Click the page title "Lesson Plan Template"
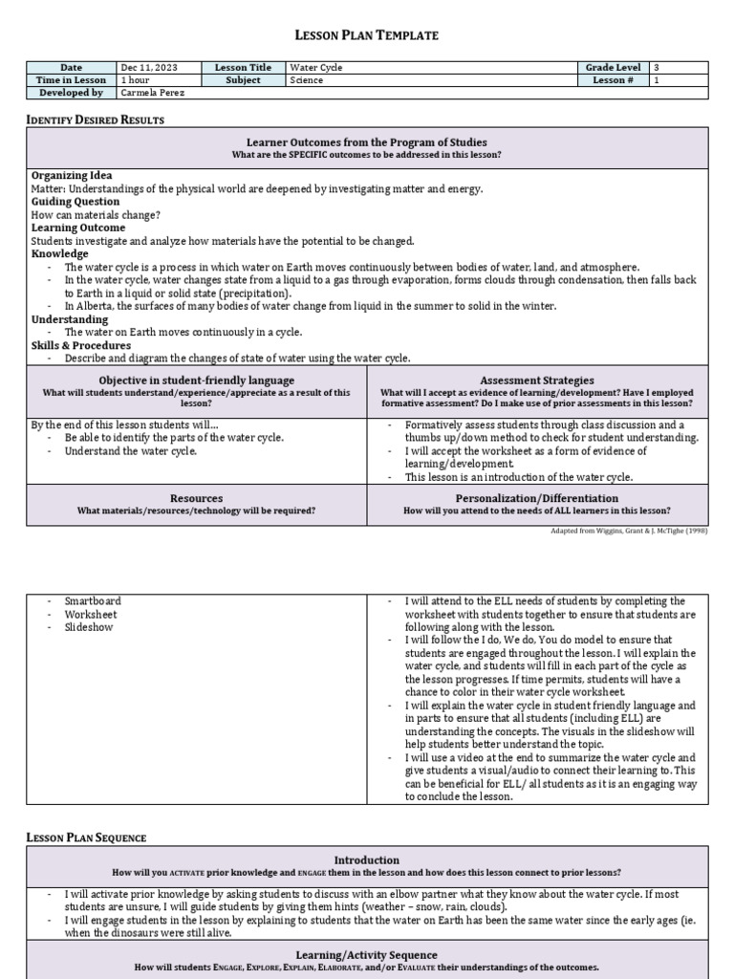click(x=367, y=35)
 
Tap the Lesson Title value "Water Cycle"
click(x=316, y=68)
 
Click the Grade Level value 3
click(x=657, y=68)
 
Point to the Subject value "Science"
click(x=307, y=80)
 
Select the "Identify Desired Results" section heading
click(x=95, y=120)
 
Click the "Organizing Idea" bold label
click(x=72, y=176)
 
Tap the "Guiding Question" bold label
click(x=76, y=202)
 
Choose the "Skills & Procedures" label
click(x=81, y=345)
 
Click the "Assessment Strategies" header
click(x=536, y=381)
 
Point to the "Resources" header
click(x=196, y=498)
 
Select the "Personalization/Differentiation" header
click(x=536, y=498)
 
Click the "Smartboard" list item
click(x=93, y=600)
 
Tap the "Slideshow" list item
click(x=89, y=627)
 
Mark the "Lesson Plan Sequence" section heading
click(x=87, y=838)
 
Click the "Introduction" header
click(x=367, y=860)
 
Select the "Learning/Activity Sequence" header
click(x=367, y=955)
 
